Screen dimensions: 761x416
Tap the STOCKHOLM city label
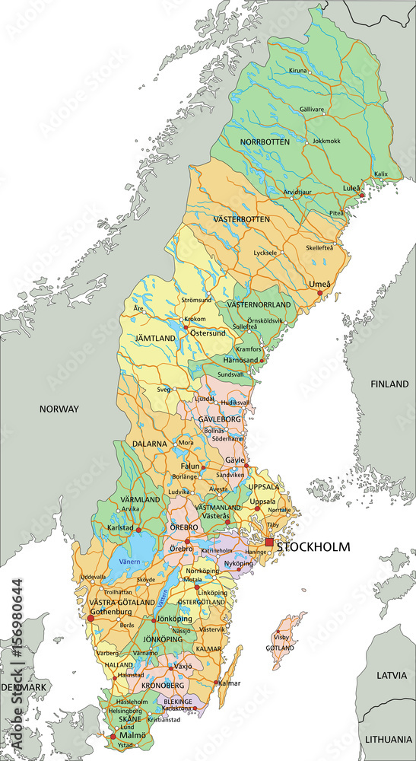tap(313, 546)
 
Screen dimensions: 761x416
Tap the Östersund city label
tap(208, 333)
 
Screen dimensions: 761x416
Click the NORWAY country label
tap(59, 409)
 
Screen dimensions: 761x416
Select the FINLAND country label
tap(389, 384)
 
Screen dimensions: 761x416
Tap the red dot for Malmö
tap(114, 737)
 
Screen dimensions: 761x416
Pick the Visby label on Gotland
tap(282, 637)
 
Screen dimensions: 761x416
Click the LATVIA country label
tap(392, 675)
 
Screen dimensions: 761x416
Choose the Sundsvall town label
tap(231, 375)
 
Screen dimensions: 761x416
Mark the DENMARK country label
tap(24, 687)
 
